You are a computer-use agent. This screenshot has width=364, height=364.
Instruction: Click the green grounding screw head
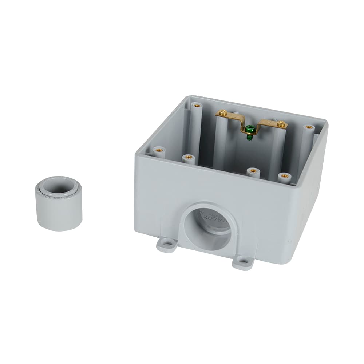pyautogui.click(x=250, y=128)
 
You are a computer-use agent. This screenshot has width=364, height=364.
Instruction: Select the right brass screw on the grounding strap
pyautogui.click(x=281, y=124)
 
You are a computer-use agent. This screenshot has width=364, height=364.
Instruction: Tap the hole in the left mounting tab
pyautogui.click(x=168, y=242)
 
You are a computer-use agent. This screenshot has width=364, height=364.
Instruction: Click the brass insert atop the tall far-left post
pyautogui.click(x=197, y=106)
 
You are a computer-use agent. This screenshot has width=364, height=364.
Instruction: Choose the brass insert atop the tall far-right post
pyautogui.click(x=309, y=128)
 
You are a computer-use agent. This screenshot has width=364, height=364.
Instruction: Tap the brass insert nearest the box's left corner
pyautogui.click(x=159, y=149)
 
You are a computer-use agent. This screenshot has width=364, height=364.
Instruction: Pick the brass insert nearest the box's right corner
pyautogui.click(x=285, y=176)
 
